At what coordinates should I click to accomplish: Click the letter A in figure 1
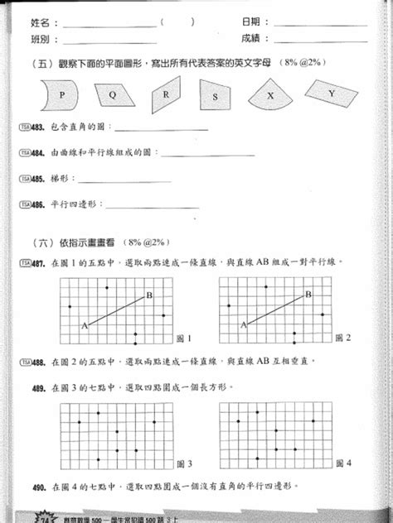point(84,327)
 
